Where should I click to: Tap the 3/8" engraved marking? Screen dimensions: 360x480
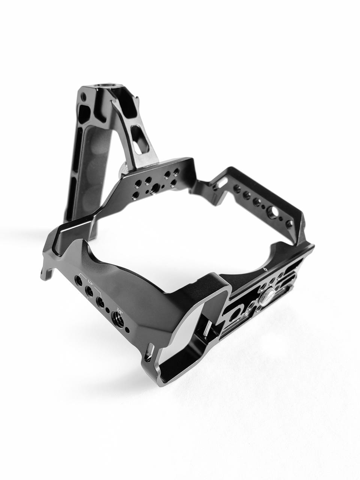pyautogui.click(x=120, y=310)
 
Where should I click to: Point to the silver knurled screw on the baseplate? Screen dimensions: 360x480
pyautogui.click(x=265, y=296)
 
